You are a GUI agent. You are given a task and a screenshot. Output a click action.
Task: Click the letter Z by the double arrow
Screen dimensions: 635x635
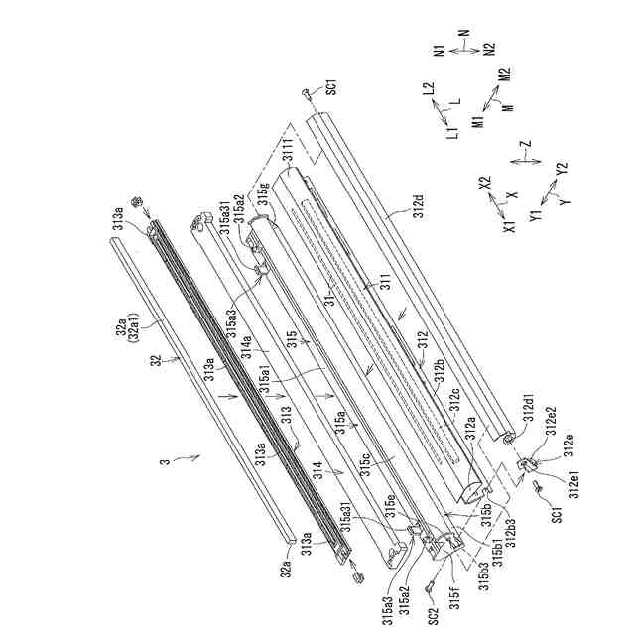click(x=527, y=146)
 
